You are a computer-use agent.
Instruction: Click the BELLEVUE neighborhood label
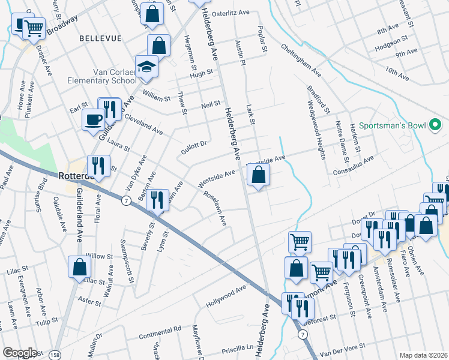point(100,38)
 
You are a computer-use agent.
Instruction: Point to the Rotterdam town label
point(75,176)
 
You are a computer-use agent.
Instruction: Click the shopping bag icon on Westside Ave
point(258,175)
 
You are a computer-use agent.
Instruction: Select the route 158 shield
point(55,355)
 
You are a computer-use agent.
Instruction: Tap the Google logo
point(20,353)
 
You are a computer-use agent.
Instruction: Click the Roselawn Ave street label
point(215,208)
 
